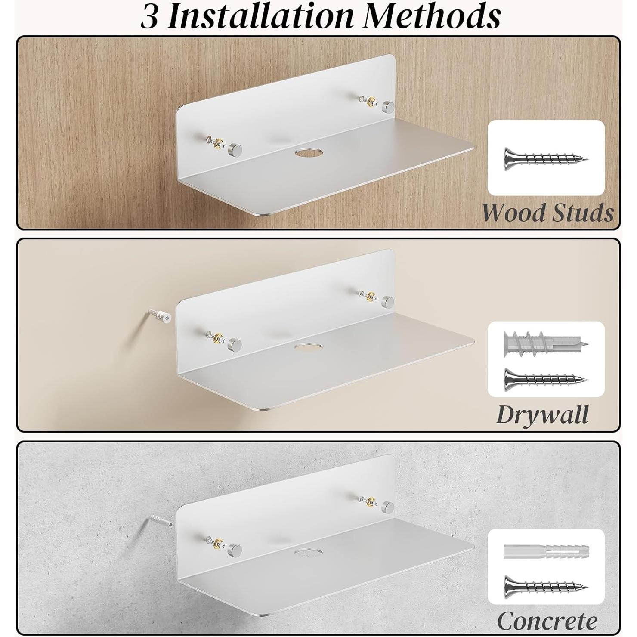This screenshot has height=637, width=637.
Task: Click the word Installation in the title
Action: coord(260,16)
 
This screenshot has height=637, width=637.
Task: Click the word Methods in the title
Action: coord(431,16)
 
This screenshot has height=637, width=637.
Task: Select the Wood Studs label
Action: coord(547,213)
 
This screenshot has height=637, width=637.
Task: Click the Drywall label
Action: coord(542,414)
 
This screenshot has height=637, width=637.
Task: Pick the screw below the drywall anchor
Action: coord(546,378)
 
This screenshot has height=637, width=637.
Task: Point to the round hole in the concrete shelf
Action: coord(308,551)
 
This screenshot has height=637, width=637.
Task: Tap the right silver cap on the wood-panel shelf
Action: coord(389,106)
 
